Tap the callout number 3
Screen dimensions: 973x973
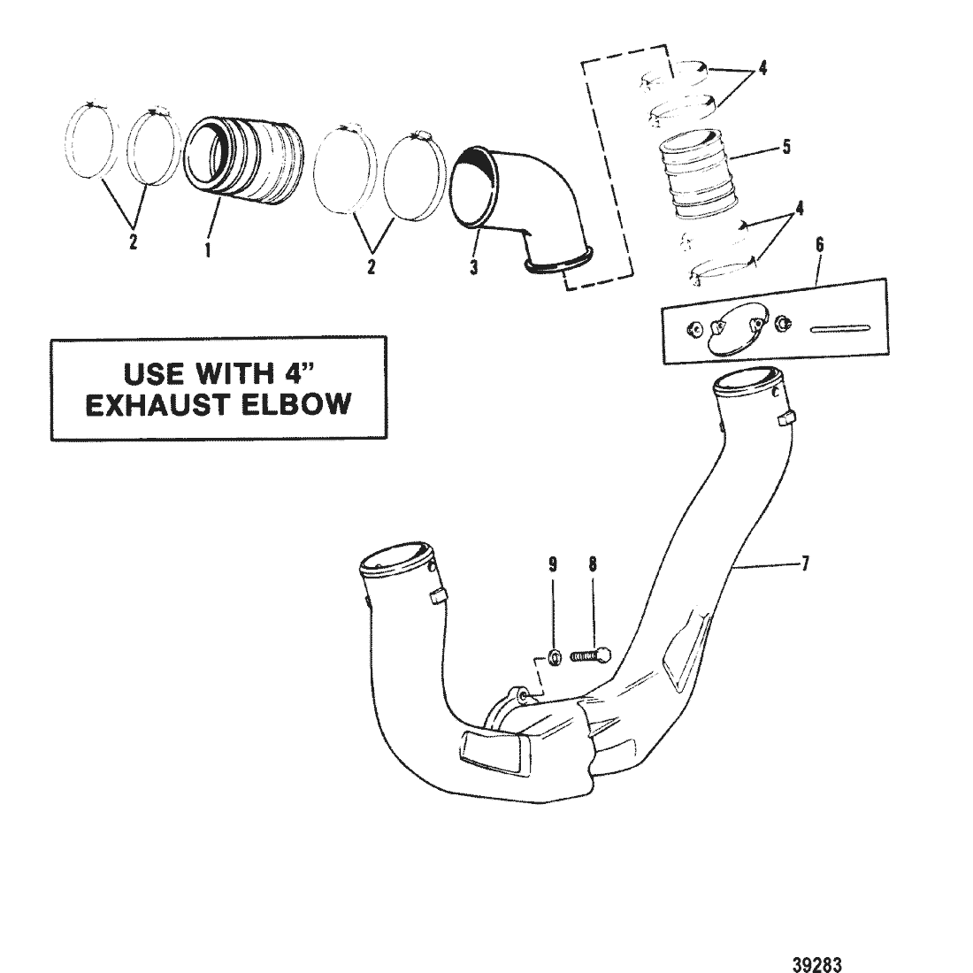pyautogui.click(x=474, y=266)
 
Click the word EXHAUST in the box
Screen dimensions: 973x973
pyautogui.click(x=151, y=404)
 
